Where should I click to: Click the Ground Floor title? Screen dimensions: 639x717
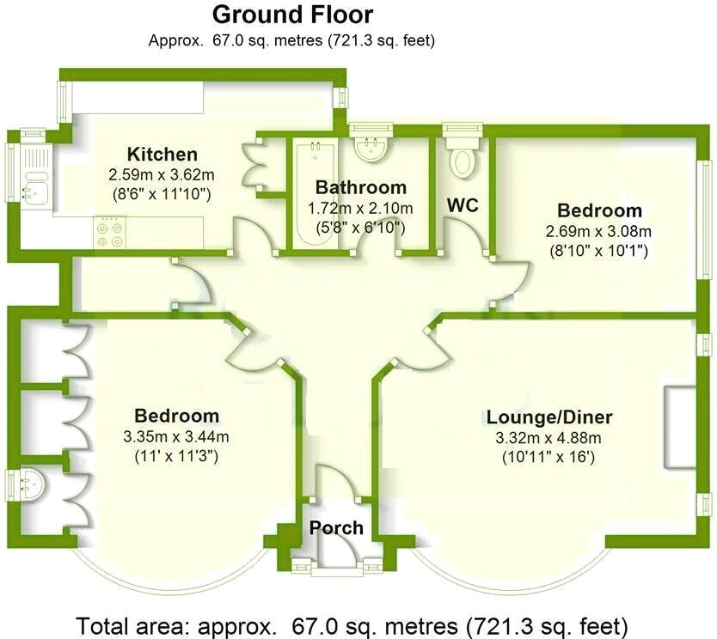(292, 15)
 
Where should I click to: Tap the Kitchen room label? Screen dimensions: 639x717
(162, 155)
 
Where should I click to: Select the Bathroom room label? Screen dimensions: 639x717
(360, 187)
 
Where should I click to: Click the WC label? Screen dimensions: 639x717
(462, 206)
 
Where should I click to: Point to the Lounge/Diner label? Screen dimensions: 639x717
(549, 417)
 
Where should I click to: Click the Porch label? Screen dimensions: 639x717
(336, 527)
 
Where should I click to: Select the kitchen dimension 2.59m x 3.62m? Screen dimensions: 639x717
(162, 174)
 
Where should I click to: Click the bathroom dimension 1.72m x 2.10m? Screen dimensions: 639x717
(360, 208)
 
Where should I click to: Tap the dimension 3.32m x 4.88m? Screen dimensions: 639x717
(549, 438)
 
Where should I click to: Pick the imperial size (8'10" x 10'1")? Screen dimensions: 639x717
(598, 251)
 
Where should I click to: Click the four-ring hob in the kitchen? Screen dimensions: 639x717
(110, 233)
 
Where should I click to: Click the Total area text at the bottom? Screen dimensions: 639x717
(352, 624)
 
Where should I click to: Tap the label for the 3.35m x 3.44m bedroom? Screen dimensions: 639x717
(176, 416)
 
